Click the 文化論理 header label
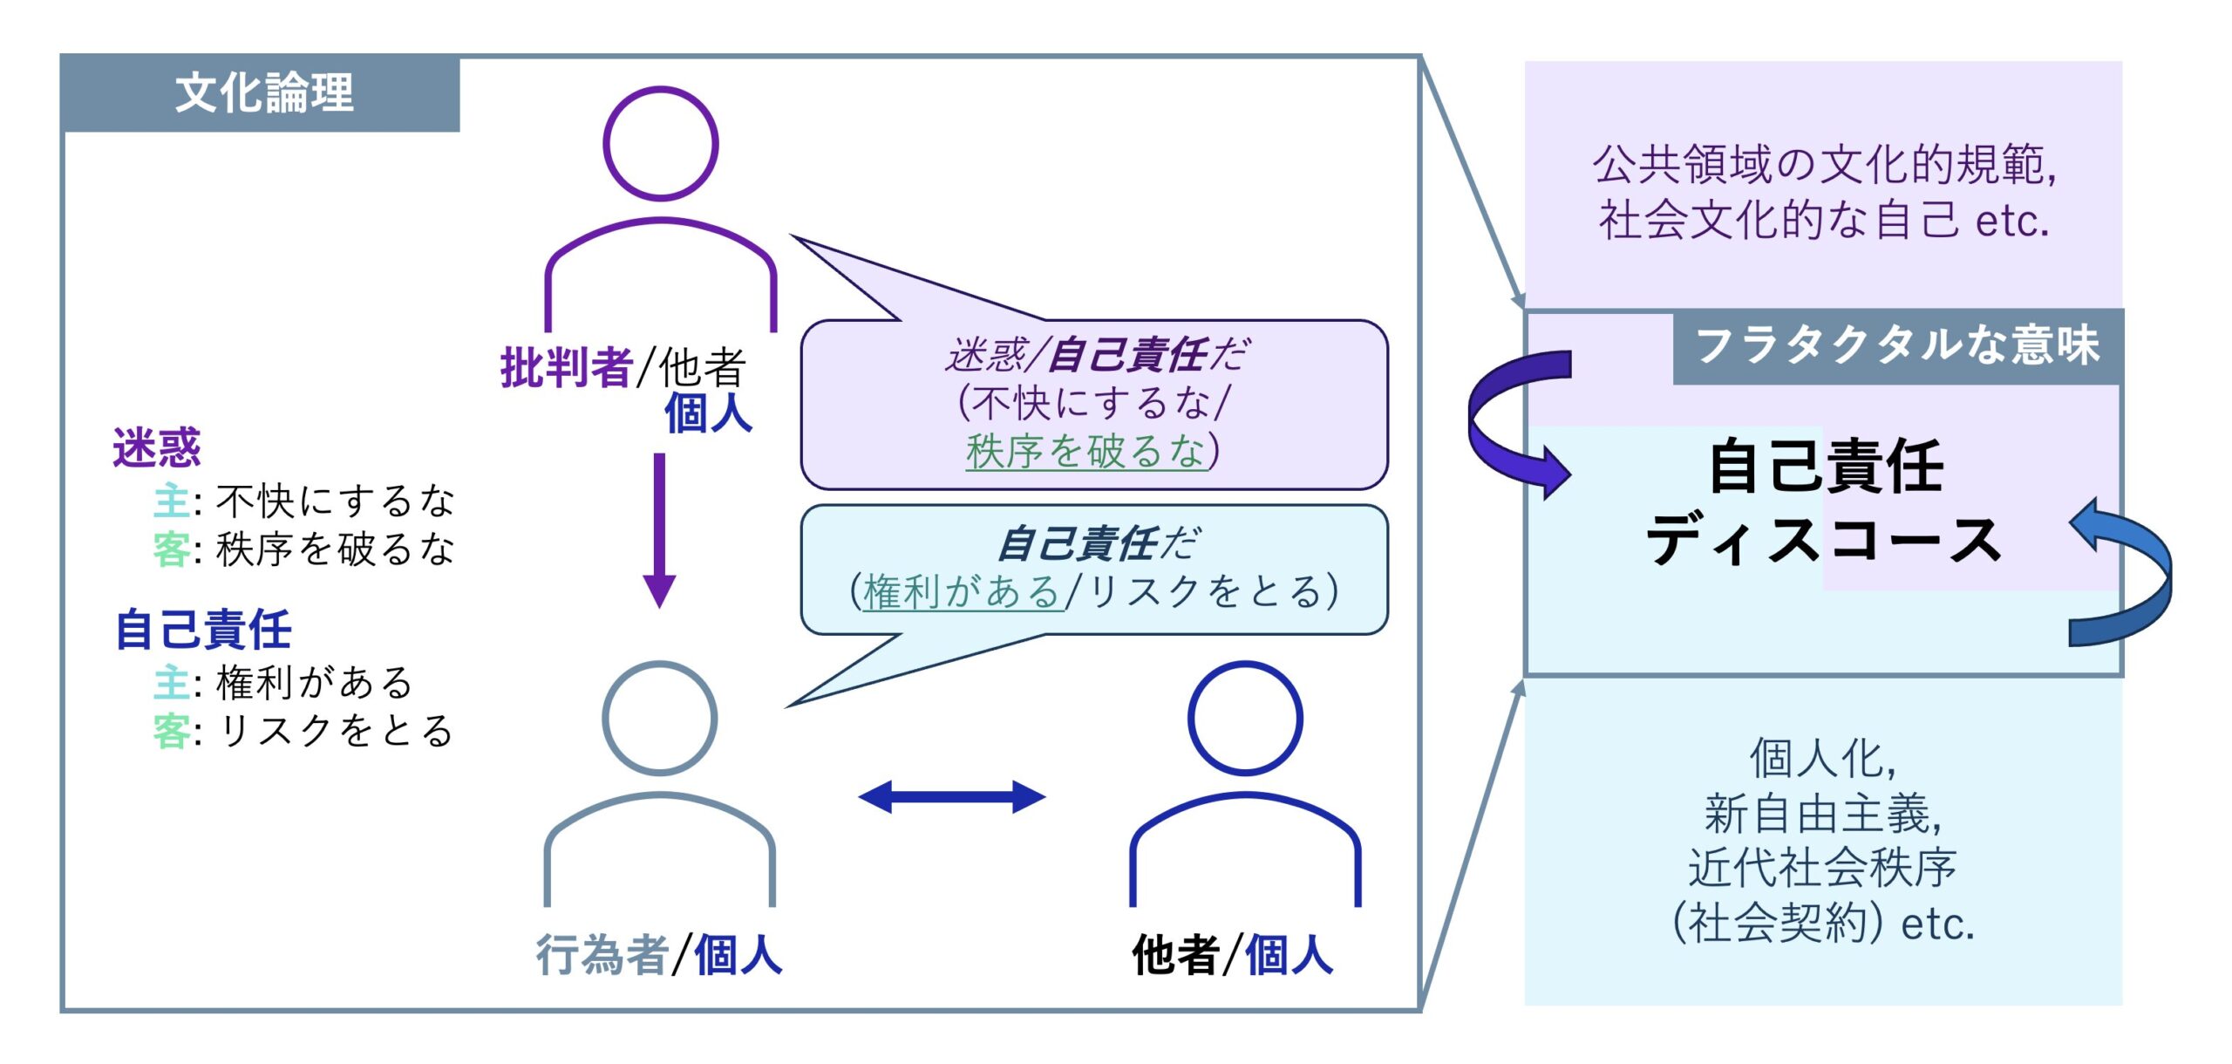[x=264, y=93]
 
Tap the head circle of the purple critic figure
[x=660, y=143]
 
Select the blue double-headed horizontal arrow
[x=952, y=796]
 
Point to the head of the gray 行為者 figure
[x=659, y=718]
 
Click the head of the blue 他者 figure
[x=1244, y=718]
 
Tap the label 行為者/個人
[x=659, y=954]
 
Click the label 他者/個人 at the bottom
[x=1232, y=954]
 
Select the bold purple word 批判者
[x=566, y=367]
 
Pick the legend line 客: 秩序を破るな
[x=303, y=549]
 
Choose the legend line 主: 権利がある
[x=282, y=682]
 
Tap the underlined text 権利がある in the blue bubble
[x=961, y=592]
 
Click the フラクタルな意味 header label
[x=1897, y=345]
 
